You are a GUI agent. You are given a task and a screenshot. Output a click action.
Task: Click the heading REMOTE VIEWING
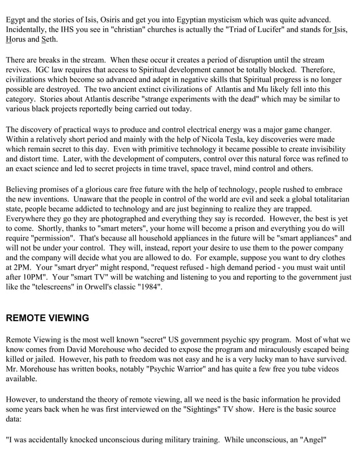(47, 318)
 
